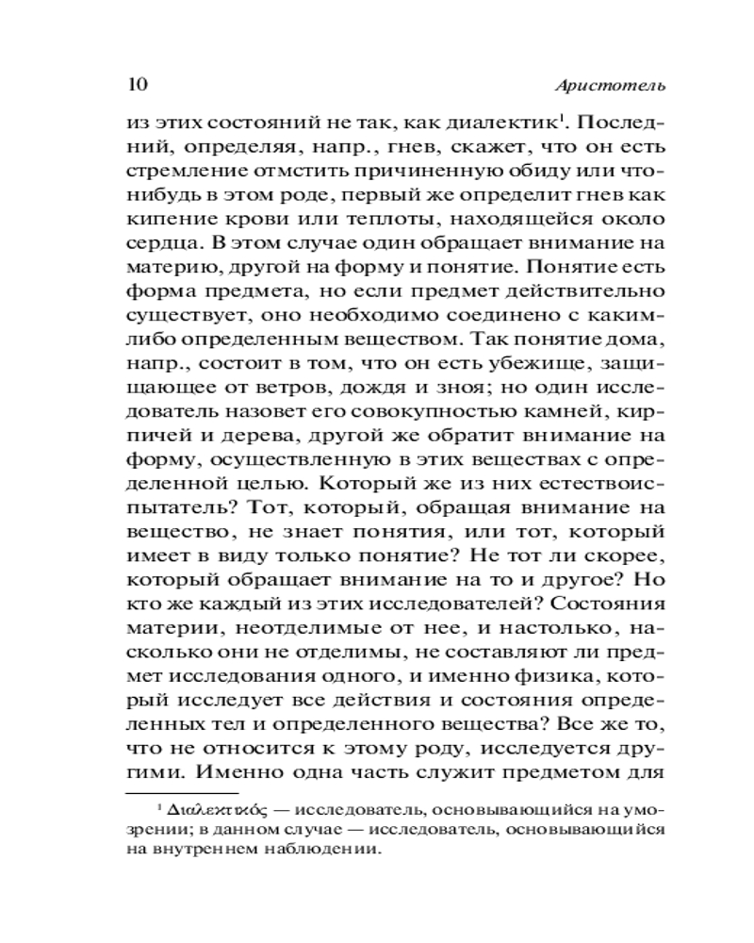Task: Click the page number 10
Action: (x=136, y=84)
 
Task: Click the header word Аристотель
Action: (x=611, y=85)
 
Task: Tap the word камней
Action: (x=557, y=415)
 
